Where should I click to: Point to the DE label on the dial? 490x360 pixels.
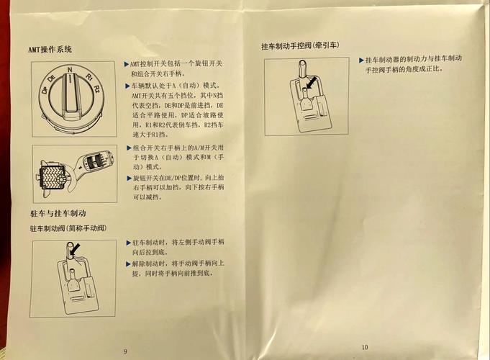point(53,77)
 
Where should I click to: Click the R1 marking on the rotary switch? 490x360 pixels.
point(88,76)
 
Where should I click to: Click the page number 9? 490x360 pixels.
point(124,350)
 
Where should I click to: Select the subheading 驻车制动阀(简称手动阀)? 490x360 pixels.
point(68,228)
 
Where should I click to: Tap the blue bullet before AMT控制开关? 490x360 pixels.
point(127,63)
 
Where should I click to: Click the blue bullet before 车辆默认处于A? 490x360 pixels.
point(127,85)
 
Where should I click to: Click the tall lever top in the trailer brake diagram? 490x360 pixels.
point(301,66)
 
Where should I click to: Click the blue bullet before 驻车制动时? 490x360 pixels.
point(127,243)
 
